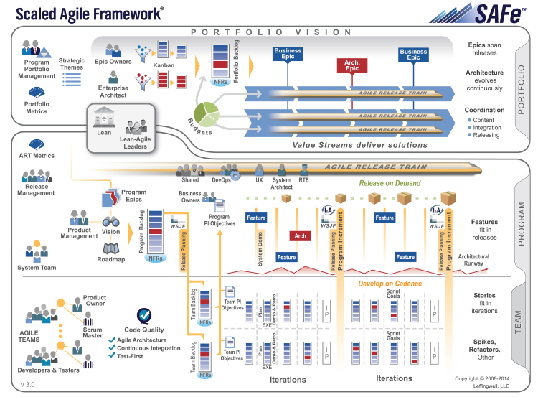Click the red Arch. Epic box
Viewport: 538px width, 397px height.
click(352, 66)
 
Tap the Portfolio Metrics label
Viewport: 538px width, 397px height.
click(32, 107)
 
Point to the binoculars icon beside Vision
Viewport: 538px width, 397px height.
click(110, 221)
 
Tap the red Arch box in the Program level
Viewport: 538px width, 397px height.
click(300, 236)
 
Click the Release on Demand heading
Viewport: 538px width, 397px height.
click(390, 183)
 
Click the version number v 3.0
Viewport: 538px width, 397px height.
click(29, 385)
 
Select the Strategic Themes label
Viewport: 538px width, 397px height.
click(72, 65)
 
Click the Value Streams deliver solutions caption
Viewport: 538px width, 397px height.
click(360, 144)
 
